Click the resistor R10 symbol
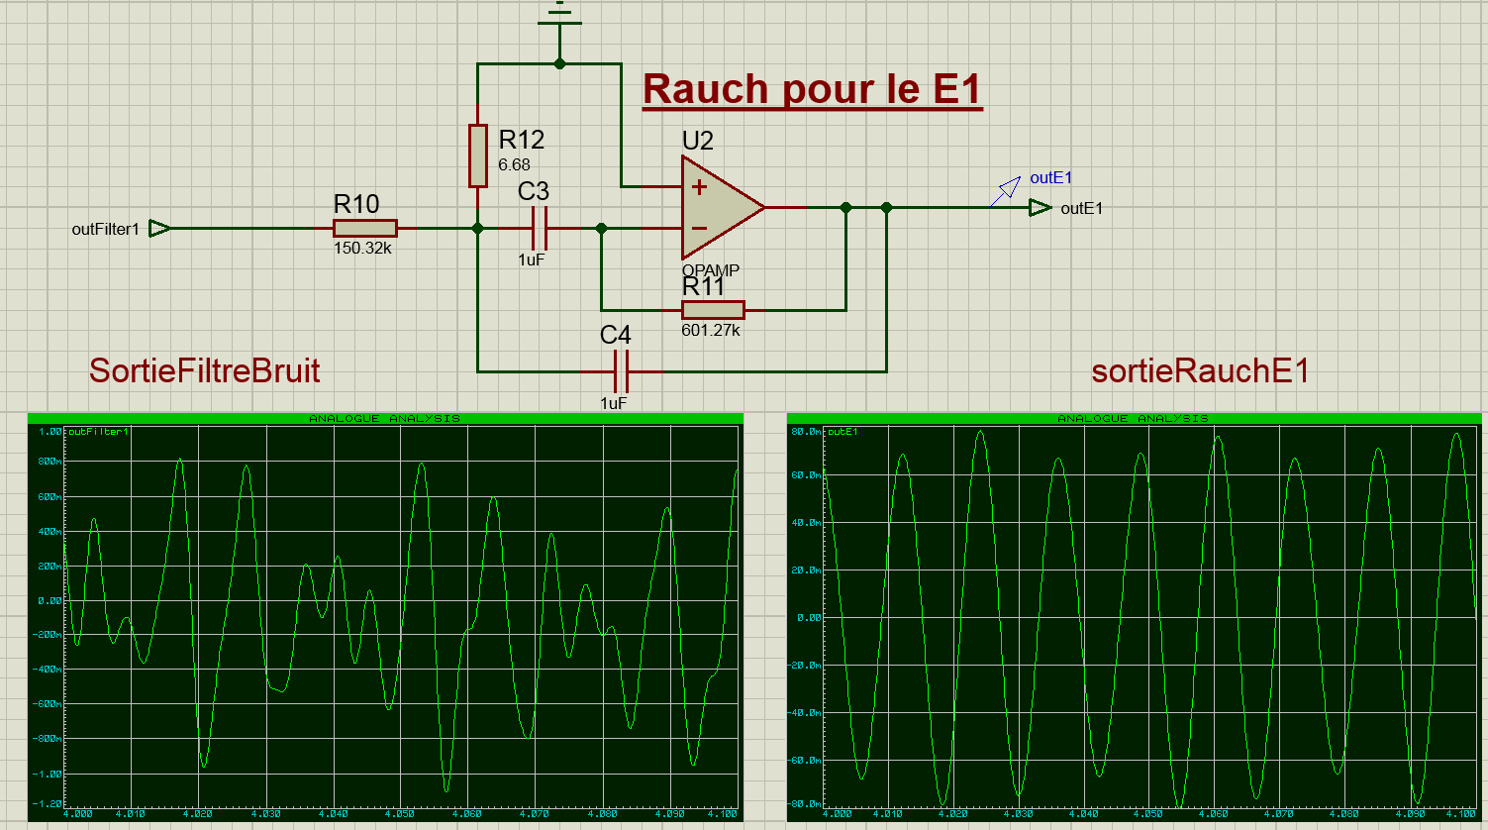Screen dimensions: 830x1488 (365, 228)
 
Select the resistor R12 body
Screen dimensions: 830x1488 (478, 156)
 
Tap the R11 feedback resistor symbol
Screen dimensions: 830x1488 (713, 310)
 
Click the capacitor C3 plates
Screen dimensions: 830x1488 (540, 228)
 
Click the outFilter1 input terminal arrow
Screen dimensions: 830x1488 (158, 229)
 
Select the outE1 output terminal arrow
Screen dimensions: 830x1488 (1039, 208)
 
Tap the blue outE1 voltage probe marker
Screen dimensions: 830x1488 (1009, 187)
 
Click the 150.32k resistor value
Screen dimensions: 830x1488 (362, 249)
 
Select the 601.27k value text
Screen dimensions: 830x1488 (711, 331)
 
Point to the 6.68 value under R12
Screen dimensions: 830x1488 (514, 165)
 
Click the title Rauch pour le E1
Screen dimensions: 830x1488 (812, 89)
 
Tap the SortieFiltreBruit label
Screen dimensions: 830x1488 (204, 370)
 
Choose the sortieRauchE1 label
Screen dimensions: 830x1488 (1200, 370)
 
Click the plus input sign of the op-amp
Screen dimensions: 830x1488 (699, 187)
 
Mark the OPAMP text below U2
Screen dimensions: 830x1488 (710, 270)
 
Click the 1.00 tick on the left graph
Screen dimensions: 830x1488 (50, 432)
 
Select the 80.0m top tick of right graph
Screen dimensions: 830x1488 (806, 432)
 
